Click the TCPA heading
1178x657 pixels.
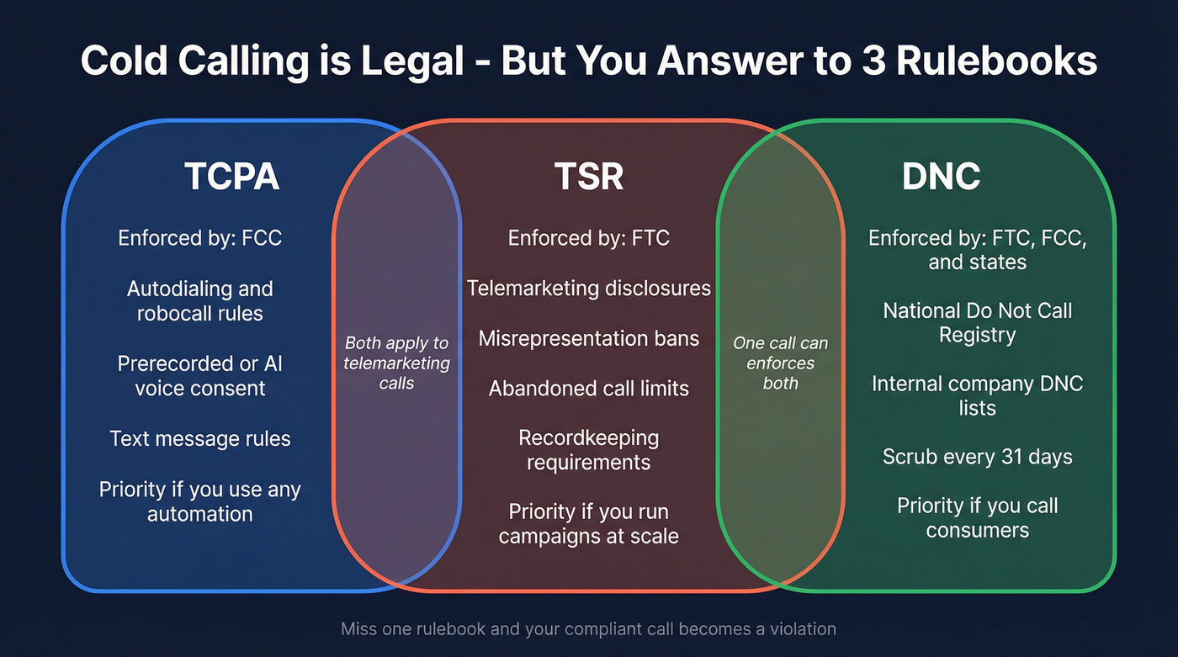pos(231,177)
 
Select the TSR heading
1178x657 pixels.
pos(589,177)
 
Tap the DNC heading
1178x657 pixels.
pos(941,177)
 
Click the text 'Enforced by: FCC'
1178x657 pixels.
pos(200,238)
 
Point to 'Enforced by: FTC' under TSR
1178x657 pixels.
pos(589,238)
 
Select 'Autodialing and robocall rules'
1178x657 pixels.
pos(200,301)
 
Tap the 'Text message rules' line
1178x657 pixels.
pos(200,438)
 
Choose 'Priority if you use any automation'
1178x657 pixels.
pos(200,501)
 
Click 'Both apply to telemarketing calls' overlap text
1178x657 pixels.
pos(396,363)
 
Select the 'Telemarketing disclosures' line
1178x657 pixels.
pos(589,289)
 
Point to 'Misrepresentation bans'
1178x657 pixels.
pos(589,338)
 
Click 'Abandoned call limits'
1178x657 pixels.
pos(589,389)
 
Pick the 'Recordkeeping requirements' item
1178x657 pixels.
pos(589,450)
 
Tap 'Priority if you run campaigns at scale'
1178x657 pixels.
pos(589,523)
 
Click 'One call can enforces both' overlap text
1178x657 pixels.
pos(780,363)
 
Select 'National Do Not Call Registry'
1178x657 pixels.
pos(977,323)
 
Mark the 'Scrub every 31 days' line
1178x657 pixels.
pos(977,457)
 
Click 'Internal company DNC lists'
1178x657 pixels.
pos(977,396)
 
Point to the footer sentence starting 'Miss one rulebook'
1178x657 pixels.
pos(588,629)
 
